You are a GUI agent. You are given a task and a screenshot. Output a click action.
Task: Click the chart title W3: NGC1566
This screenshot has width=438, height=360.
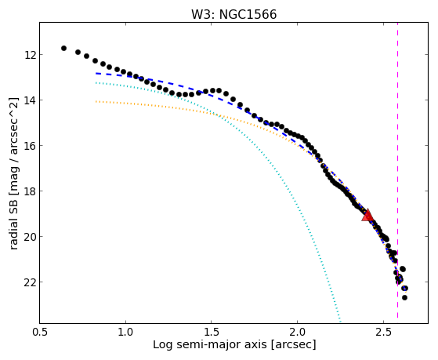point(233,14)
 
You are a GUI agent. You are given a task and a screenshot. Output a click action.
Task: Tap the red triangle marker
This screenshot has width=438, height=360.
point(367,216)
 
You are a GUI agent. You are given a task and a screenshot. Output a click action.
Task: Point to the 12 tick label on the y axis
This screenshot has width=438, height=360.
point(29,55)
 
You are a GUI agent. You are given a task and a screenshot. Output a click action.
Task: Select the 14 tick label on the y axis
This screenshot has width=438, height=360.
point(29,100)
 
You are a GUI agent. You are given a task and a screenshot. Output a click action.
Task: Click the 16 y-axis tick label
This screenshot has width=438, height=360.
point(29,146)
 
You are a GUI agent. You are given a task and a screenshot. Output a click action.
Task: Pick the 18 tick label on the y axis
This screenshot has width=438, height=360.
point(29,191)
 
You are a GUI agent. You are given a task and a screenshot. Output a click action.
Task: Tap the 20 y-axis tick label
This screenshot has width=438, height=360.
point(29,237)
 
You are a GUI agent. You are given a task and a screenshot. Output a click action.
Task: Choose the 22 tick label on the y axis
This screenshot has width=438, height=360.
point(29,282)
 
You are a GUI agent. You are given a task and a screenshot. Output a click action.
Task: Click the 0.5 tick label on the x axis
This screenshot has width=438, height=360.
point(40,332)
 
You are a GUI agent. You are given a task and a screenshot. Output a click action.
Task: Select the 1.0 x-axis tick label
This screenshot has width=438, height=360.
point(125,332)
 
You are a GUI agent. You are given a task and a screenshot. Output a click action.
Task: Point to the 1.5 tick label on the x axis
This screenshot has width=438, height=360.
point(212,332)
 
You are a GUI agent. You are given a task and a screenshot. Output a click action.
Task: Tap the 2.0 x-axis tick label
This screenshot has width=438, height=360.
point(298,332)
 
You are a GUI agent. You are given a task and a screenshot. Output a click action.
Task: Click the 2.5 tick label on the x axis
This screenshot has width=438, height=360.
point(383,332)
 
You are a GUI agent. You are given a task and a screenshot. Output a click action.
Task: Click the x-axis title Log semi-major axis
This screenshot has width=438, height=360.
point(210,345)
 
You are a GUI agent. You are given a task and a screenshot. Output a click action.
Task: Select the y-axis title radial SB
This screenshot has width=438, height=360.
point(14,221)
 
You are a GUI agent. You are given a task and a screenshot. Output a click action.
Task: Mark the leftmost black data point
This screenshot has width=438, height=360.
point(63,48)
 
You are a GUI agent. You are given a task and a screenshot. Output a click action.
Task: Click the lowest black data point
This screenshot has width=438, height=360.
point(404,297)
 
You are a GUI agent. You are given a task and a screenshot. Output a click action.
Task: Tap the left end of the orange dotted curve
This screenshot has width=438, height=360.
point(96,101)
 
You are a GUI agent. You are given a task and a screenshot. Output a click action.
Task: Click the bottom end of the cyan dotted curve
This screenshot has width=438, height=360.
point(340,321)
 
